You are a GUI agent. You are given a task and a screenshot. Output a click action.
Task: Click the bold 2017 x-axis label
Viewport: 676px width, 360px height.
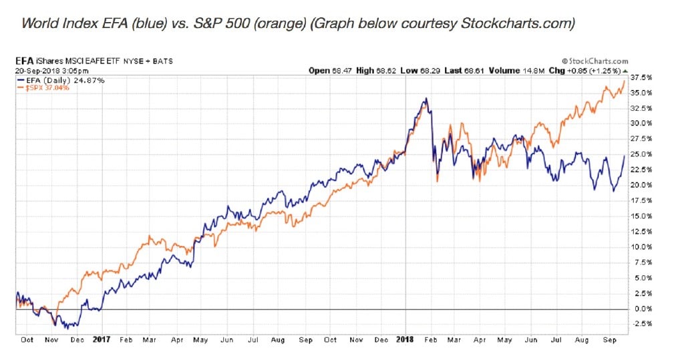click(102, 339)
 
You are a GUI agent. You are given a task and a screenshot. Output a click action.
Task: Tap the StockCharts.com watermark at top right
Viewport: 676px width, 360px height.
click(595, 61)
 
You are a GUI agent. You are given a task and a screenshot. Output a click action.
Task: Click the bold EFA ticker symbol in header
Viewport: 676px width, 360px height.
click(25, 61)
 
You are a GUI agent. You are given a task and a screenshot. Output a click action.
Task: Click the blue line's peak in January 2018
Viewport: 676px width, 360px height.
click(426, 100)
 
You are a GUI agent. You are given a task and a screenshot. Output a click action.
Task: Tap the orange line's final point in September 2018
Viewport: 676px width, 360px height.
click(625, 81)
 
